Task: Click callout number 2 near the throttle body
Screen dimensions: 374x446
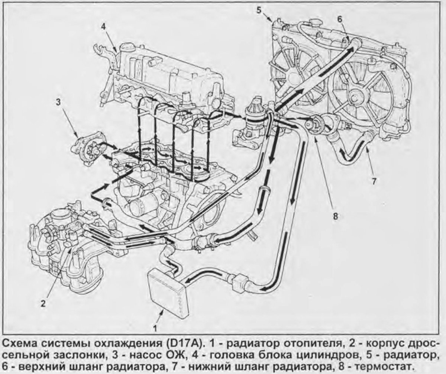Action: point(43,303)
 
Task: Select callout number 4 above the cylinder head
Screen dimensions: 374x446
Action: point(104,26)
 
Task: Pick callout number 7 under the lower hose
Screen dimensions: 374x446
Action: point(374,181)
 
